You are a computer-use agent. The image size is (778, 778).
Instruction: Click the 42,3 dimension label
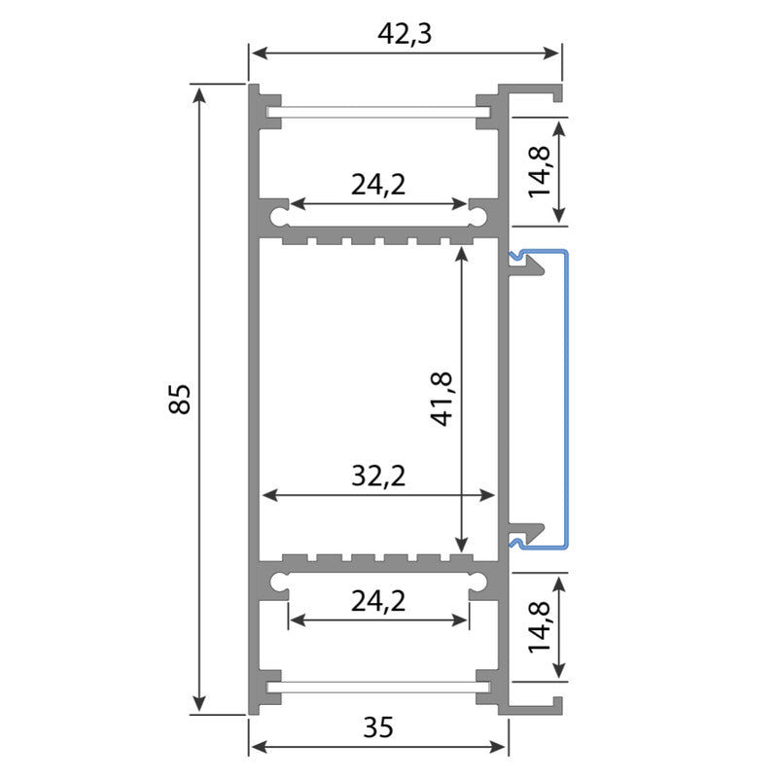point(404,33)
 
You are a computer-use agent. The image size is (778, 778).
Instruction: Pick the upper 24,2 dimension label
point(379,186)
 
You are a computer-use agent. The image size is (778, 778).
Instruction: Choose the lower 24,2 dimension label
point(378,603)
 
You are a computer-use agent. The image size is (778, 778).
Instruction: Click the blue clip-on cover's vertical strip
point(565,399)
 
